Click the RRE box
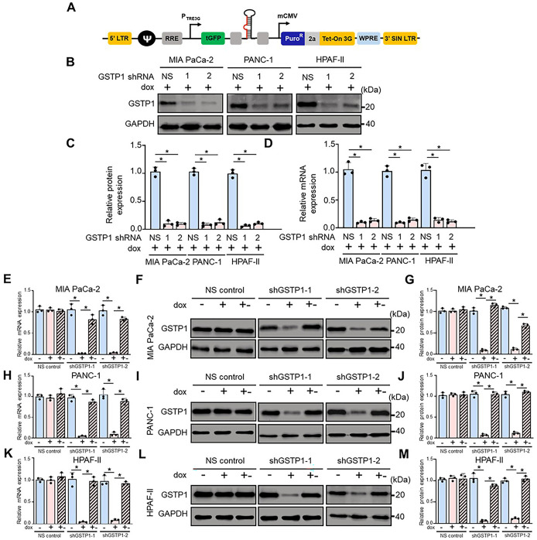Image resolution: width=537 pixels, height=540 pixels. pos(193,36)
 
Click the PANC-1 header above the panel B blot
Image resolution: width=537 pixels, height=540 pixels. pos(255,60)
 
